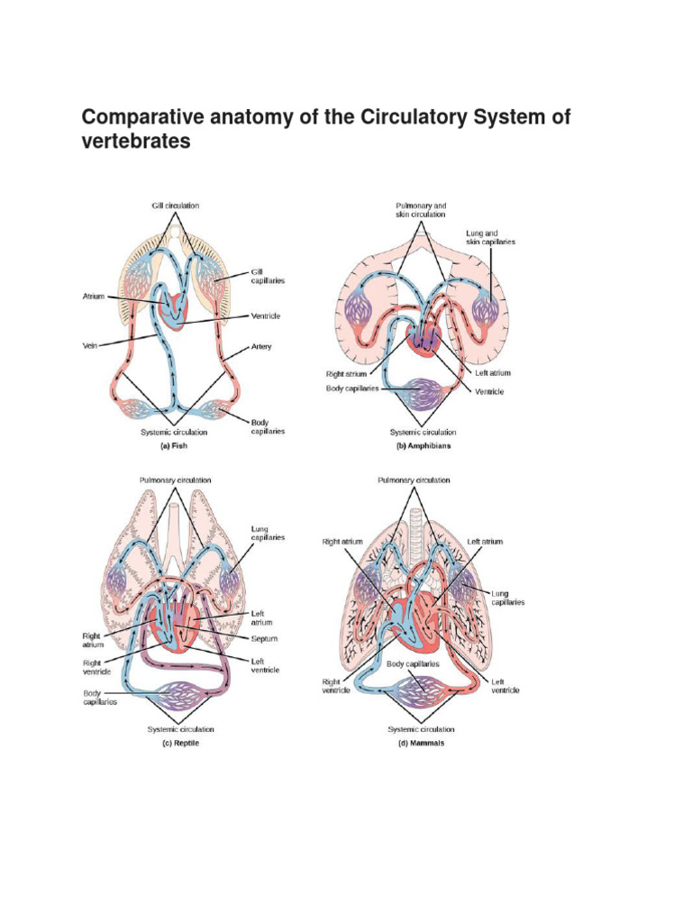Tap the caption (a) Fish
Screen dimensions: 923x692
click(x=178, y=445)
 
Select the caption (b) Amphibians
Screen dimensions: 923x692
click(x=423, y=445)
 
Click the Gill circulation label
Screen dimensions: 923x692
click(x=176, y=206)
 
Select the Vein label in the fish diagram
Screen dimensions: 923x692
click(x=88, y=344)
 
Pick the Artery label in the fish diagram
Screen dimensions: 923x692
click(x=261, y=346)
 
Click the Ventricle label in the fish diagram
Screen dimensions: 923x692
click(x=268, y=316)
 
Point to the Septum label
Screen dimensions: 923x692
click(x=264, y=638)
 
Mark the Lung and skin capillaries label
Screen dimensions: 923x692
click(x=491, y=237)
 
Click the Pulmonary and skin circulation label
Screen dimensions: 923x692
click(x=420, y=210)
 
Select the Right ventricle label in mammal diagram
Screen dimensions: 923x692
click(x=331, y=688)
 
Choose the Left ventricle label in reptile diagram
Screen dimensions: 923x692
click(x=264, y=665)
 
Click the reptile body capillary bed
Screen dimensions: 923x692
click(x=178, y=699)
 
